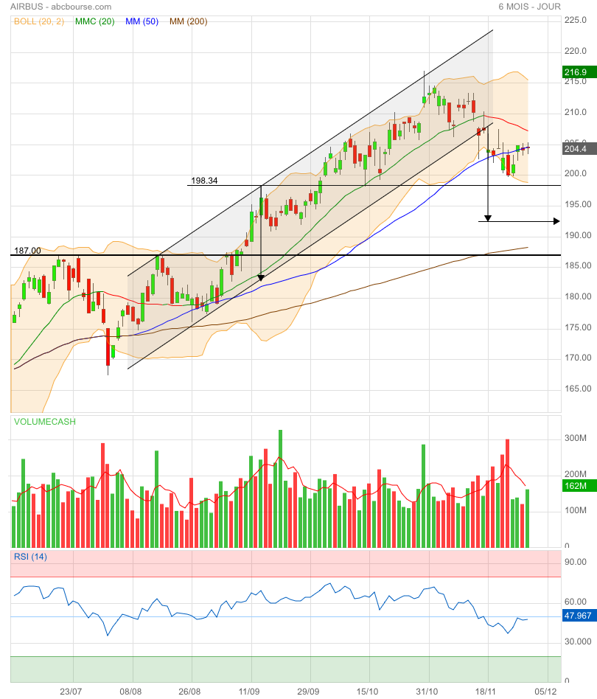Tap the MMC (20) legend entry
[x=95, y=21]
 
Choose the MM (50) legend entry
[x=142, y=21]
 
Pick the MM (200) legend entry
[x=189, y=21]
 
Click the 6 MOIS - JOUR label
[x=529, y=7]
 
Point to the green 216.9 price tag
[x=575, y=72]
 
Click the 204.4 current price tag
[x=575, y=149]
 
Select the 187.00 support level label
[x=28, y=251]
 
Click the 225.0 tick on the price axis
[x=575, y=20]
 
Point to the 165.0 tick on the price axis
[x=575, y=389]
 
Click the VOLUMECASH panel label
[x=44, y=422]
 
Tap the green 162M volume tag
[x=575, y=486]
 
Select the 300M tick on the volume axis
[x=576, y=438]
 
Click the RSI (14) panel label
[x=30, y=557]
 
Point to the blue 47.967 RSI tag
[x=578, y=616]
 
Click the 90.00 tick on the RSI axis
[x=575, y=562]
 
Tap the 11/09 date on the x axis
[x=249, y=692]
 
